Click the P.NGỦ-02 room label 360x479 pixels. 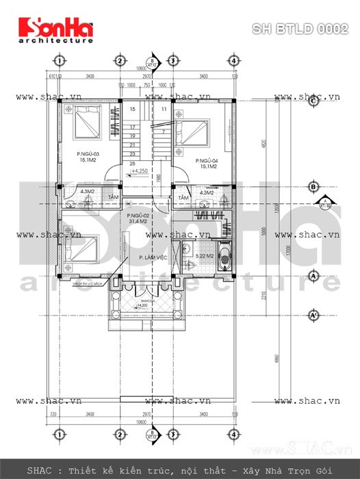point(140,218)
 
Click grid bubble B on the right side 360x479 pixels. point(312,186)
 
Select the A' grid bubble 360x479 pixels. point(312,315)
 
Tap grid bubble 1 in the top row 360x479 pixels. point(60,61)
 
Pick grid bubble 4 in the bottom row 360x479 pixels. point(234,433)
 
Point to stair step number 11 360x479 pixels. point(164,109)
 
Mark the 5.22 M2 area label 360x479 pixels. point(203,256)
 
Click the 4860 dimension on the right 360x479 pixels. point(279,359)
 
